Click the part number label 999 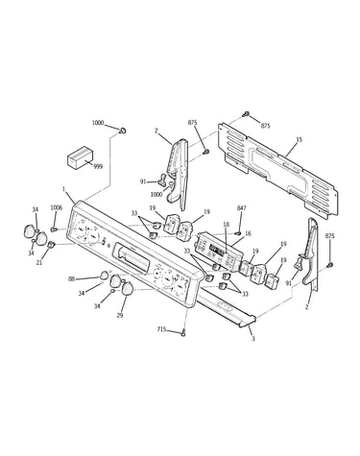[x=98, y=166]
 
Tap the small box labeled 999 [x=80, y=157]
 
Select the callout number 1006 [x=57, y=208]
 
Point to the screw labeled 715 [x=183, y=332]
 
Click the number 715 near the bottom [x=162, y=329]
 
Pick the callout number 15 [x=299, y=139]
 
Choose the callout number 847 [x=242, y=208]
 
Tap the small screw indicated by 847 [x=238, y=232]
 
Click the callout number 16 [x=248, y=234]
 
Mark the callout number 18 [x=227, y=225]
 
